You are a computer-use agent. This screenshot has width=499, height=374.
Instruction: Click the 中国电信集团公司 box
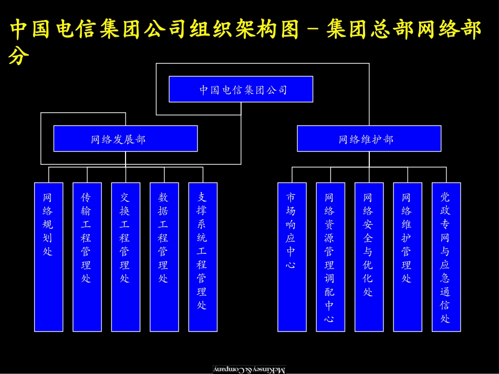tap(241, 89)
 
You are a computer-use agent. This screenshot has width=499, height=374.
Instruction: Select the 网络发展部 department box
tap(126, 139)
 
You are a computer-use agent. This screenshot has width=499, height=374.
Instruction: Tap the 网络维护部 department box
tap(369, 139)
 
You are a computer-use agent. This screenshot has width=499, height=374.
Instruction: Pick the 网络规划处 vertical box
tap(48, 257)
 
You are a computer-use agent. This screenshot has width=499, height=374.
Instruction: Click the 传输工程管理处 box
tap(87, 257)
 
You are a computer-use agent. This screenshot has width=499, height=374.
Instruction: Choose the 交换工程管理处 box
tap(126, 257)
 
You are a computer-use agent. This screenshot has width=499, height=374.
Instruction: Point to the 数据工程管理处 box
tap(164, 257)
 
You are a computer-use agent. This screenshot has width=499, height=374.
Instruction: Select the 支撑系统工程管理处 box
tap(202, 257)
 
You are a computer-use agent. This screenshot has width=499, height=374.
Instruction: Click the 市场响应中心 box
tap(292, 257)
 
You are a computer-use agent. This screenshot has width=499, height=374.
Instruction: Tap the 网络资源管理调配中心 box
tap(330, 257)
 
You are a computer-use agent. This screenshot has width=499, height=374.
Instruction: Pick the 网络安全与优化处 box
tap(369, 257)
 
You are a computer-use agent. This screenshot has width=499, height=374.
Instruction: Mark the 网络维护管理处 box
tap(407, 257)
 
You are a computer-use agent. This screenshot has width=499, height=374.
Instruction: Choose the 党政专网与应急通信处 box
tap(446, 257)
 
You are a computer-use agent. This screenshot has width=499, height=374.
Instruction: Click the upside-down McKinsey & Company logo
tap(249, 369)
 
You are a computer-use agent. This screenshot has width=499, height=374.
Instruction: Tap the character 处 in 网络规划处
tap(48, 252)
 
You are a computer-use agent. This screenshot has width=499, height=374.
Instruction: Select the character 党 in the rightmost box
tap(445, 197)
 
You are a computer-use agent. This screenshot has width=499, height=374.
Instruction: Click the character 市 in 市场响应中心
tap(291, 197)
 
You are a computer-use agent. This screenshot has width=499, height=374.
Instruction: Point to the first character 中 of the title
tap(19, 30)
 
